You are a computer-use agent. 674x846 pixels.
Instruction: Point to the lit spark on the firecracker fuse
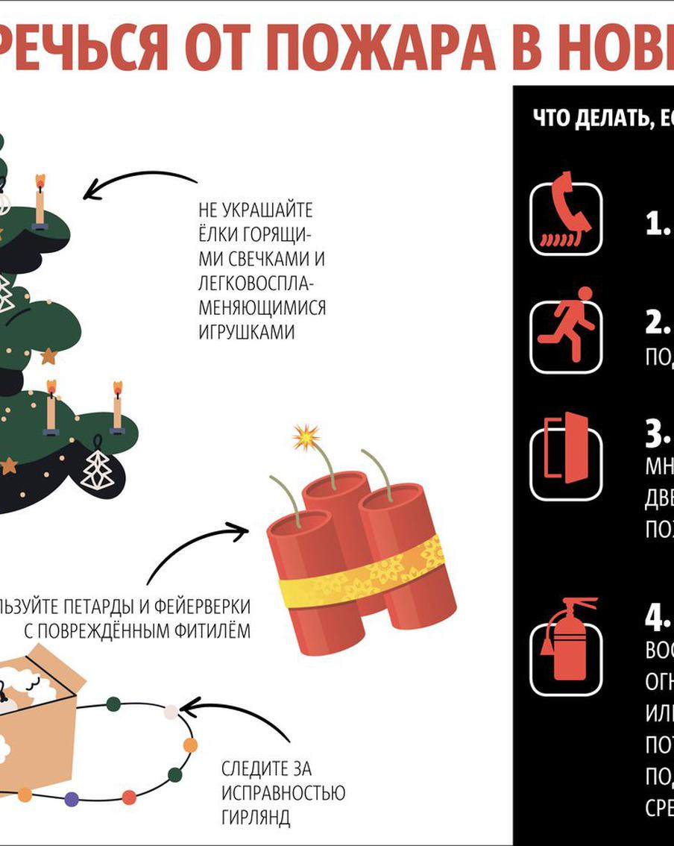coord(306,437)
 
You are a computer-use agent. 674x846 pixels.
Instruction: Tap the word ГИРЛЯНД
coord(256,816)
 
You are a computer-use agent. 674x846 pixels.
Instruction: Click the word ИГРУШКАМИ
coord(247,333)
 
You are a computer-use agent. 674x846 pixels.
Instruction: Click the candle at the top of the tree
coord(40,198)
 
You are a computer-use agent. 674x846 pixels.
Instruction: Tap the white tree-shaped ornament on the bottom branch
coord(95,466)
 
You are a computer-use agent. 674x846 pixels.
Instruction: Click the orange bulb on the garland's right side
coord(190,745)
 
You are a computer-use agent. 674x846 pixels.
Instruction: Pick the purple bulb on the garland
coord(72,799)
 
